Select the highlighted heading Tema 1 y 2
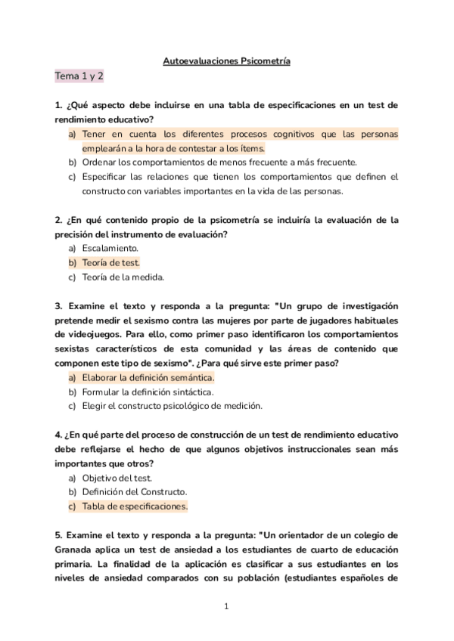point(79,76)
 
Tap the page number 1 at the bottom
point(227,606)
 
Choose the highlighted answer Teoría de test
point(110,262)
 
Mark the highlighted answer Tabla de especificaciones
point(135,506)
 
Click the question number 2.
point(58,220)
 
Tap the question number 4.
point(58,435)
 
